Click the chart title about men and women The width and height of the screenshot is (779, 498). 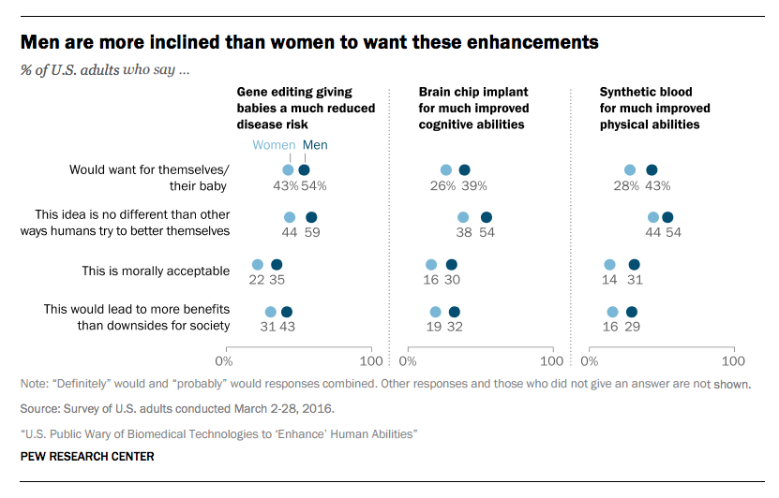pyautogui.click(x=310, y=42)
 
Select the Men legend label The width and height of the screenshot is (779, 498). pyautogui.click(x=314, y=145)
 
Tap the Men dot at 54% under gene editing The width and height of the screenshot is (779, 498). pyautogui.click(x=304, y=169)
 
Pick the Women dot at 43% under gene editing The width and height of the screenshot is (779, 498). pyautogui.click(x=288, y=169)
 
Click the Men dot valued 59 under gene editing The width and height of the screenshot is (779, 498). pyautogui.click(x=311, y=217)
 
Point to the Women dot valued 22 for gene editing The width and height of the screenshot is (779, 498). pyautogui.click(x=258, y=265)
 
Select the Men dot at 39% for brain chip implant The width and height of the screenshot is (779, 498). pyautogui.click(x=464, y=169)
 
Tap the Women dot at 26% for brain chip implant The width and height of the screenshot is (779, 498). pyautogui.click(x=446, y=169)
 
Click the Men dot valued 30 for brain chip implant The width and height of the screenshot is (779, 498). pyautogui.click(x=451, y=265)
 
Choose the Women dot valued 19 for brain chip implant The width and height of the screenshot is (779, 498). pyautogui.click(x=435, y=312)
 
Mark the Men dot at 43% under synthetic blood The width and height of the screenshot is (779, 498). pyautogui.click(x=652, y=169)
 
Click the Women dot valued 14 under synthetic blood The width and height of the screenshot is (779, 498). pyautogui.click(x=609, y=265)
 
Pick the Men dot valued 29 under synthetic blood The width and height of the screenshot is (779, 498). pyautogui.click(x=632, y=312)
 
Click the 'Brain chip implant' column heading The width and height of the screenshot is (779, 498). pyautogui.click(x=473, y=108)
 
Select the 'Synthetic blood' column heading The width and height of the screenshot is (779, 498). pyautogui.click(x=654, y=108)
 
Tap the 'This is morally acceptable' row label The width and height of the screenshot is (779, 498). pyautogui.click(x=156, y=271)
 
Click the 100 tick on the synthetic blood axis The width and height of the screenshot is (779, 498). pyautogui.click(x=733, y=360)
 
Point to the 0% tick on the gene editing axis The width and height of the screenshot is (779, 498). pyautogui.click(x=224, y=360)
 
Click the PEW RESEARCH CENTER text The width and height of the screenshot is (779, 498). pyautogui.click(x=87, y=457)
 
